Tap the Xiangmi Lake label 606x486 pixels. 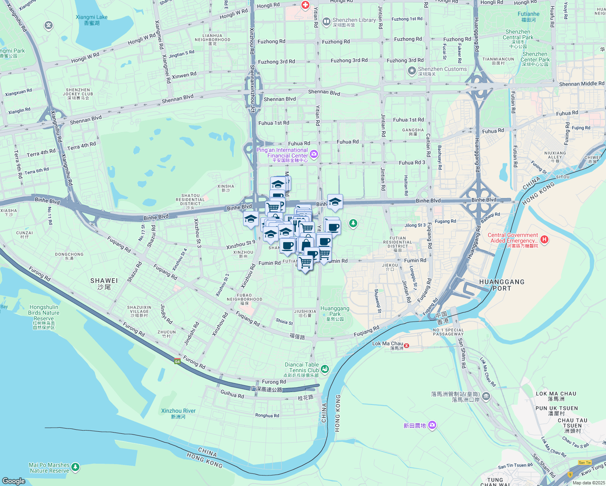[92, 20]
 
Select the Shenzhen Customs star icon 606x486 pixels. [412, 71]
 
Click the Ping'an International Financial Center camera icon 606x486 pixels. [314, 153]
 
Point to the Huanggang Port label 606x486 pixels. [501, 285]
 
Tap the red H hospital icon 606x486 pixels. [544, 239]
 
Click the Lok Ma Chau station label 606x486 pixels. [388, 345]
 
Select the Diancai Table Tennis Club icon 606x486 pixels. [325, 369]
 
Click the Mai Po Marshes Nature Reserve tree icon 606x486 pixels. [75, 468]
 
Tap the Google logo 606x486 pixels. [13, 481]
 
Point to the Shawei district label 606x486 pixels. [104, 283]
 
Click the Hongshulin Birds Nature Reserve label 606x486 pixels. [44, 315]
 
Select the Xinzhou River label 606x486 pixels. [178, 413]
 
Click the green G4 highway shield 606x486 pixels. [177, 361]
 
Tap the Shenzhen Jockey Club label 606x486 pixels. [78, 94]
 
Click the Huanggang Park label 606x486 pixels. [335, 313]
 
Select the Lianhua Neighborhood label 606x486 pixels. [212, 39]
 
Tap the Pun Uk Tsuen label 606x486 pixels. [557, 410]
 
